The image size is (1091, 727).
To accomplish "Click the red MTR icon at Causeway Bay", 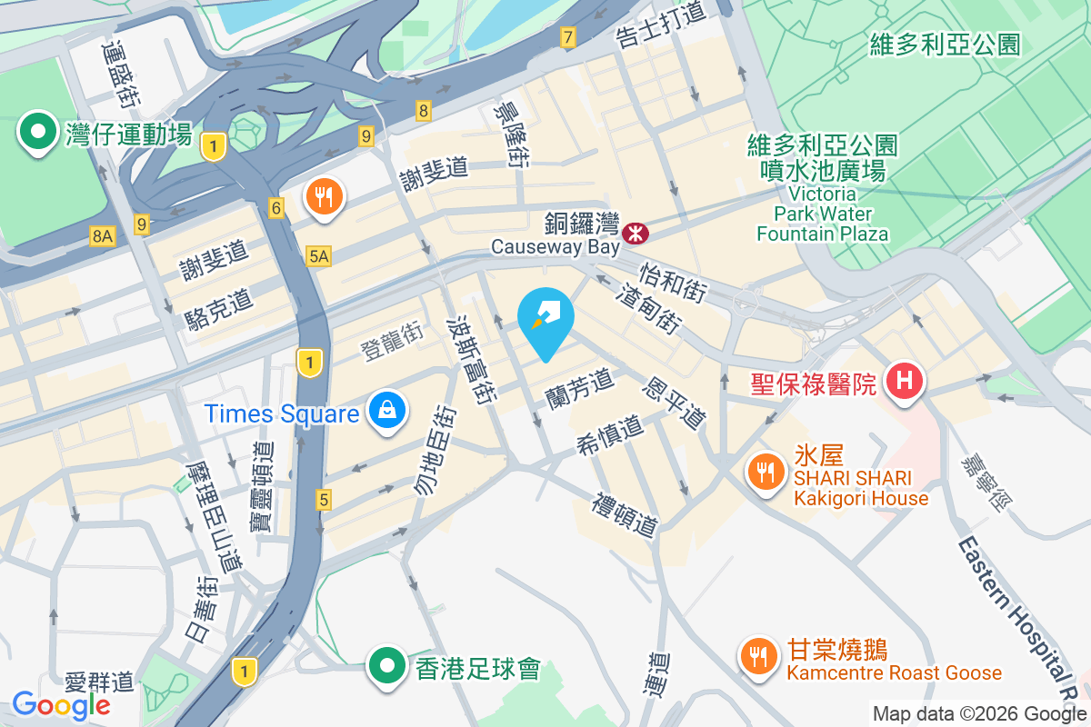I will click(x=636, y=234).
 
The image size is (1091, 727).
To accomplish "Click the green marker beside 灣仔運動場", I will click(x=38, y=133).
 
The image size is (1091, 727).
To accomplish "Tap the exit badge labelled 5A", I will click(x=318, y=257).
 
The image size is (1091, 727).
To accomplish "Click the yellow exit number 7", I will click(x=568, y=37).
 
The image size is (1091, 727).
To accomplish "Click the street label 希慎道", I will click(x=609, y=435).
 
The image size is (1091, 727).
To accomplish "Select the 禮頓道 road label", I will click(x=626, y=515).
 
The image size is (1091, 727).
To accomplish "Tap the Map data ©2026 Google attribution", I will click(x=979, y=713).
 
